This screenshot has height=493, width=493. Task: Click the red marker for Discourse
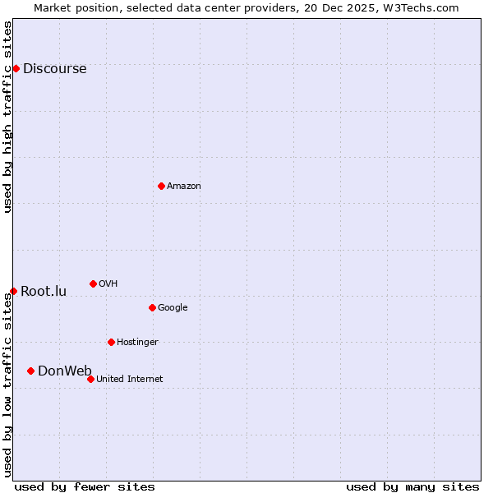(16, 68)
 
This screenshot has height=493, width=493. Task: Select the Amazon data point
(161, 186)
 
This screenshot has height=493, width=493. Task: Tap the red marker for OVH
(93, 283)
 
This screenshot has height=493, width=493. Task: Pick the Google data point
(152, 307)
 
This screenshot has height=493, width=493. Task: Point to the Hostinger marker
(111, 342)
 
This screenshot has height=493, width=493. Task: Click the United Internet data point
(90, 379)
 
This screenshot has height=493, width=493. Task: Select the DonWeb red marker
(30, 371)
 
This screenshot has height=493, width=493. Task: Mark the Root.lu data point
(13, 291)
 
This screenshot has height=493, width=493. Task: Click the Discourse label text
(54, 69)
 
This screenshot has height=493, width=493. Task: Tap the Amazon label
(184, 187)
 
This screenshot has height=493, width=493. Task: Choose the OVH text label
(108, 284)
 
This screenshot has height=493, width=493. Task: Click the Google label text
(173, 308)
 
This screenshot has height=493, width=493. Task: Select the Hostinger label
(137, 343)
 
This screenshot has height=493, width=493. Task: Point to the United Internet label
(129, 380)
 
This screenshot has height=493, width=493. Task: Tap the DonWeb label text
(65, 371)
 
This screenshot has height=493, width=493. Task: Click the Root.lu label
(44, 292)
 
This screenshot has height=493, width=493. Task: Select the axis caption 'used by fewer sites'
(85, 486)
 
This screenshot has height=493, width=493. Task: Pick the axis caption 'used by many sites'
(412, 486)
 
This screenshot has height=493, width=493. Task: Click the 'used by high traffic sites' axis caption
(7, 117)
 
